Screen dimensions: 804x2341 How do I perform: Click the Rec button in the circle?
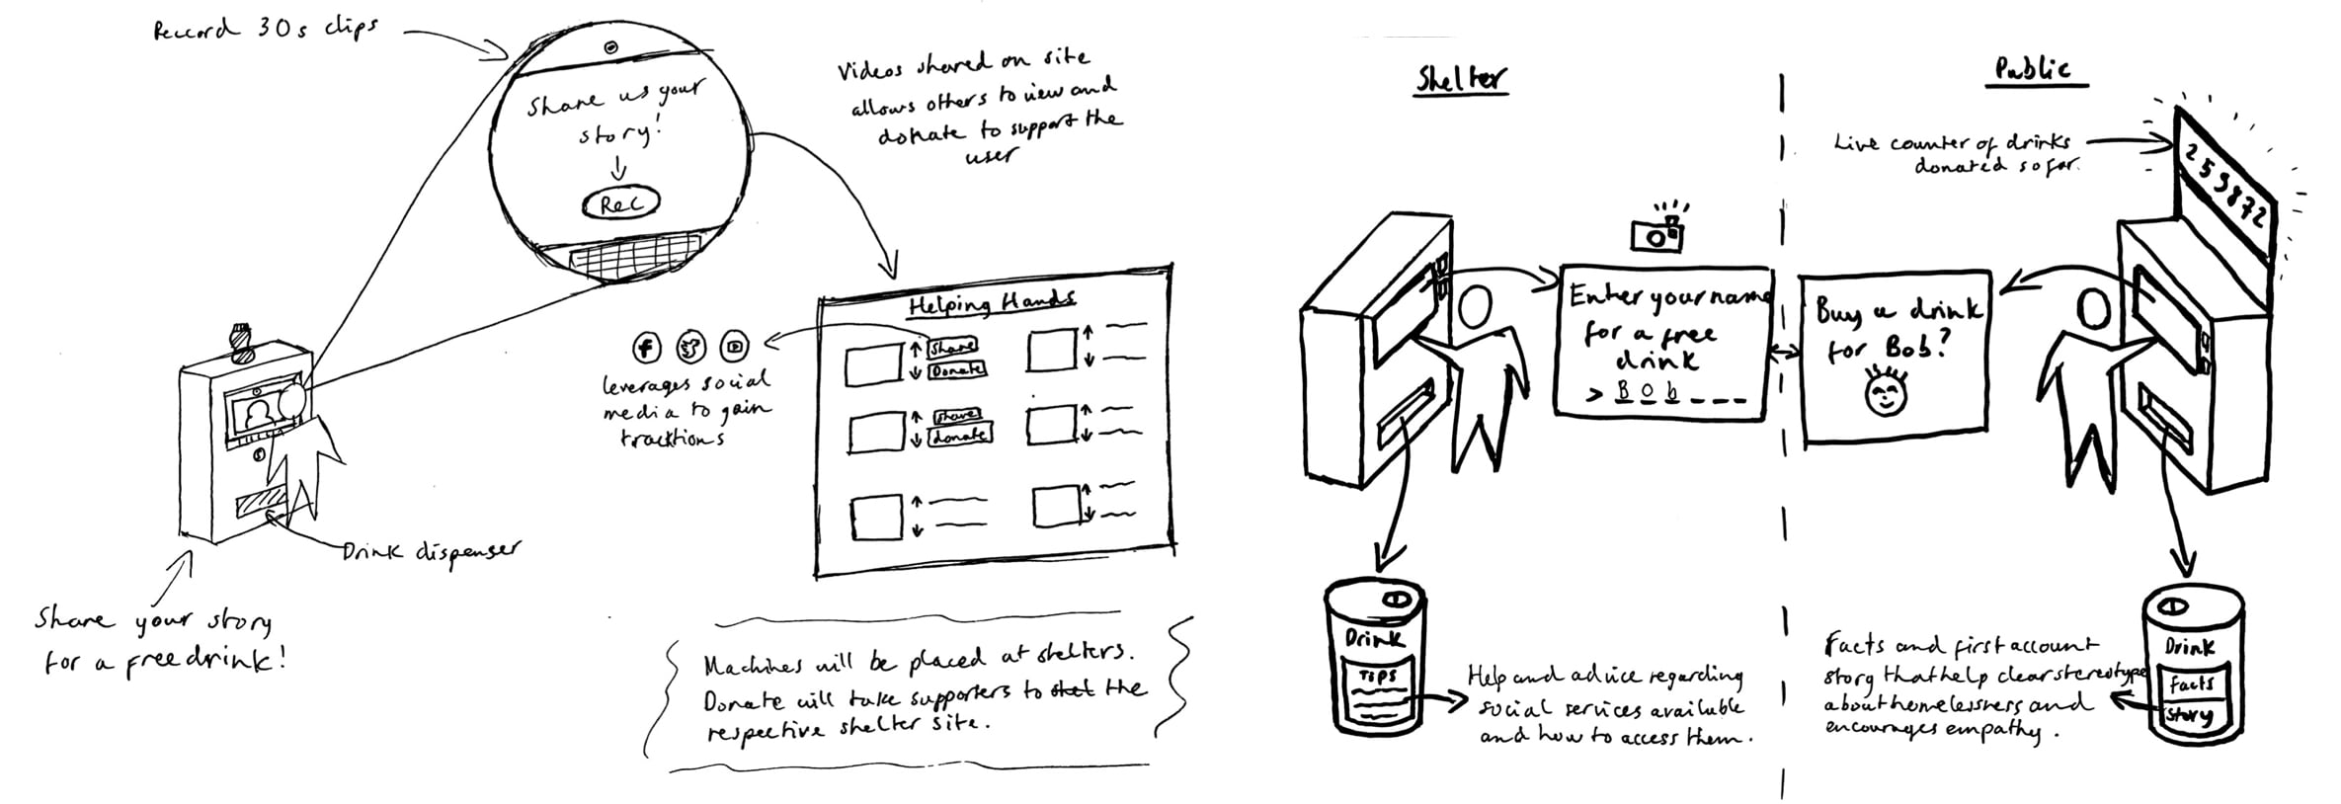tap(620, 204)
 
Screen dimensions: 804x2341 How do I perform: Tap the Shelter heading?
tap(1461, 78)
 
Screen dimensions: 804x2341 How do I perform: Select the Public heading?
tap(2032, 70)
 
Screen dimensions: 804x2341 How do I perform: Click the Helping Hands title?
tap(991, 303)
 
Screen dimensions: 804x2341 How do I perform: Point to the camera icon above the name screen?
tap(1657, 232)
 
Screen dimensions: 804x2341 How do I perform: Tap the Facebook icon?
tap(647, 347)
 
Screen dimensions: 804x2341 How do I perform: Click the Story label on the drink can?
tap(2187, 715)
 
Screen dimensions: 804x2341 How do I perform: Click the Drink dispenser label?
tap(430, 552)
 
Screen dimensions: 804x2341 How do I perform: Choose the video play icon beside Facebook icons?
tap(735, 347)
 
